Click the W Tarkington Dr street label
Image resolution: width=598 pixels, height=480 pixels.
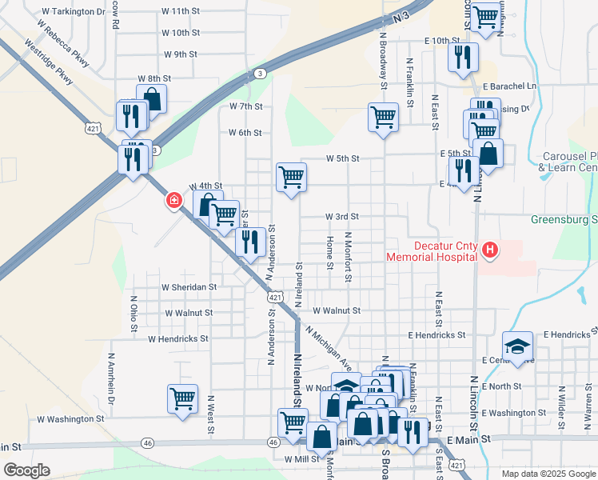[x=71, y=12]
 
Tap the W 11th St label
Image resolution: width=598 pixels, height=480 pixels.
[x=180, y=12]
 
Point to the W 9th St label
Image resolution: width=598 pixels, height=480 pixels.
[x=180, y=54]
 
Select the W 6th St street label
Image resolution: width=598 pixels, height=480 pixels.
[x=245, y=133]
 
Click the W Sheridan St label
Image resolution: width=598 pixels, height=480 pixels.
[x=189, y=286]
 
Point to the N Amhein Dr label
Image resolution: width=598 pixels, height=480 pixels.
[x=111, y=374]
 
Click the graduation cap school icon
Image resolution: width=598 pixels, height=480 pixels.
[x=517, y=346]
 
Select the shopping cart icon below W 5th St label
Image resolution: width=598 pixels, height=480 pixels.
[x=291, y=177]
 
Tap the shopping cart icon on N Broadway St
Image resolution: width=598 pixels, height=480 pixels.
[x=383, y=116]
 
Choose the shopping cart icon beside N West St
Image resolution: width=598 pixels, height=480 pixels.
[x=182, y=398]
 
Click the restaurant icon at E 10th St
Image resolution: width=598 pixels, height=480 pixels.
[x=462, y=57]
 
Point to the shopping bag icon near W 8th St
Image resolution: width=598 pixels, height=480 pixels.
[x=151, y=99]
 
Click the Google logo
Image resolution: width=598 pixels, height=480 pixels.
[x=26, y=470]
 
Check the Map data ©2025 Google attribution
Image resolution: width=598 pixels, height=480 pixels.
[x=548, y=474]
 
